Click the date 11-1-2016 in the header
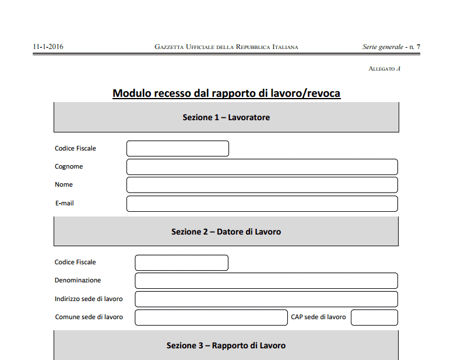(x=48, y=47)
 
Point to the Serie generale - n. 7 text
(x=391, y=47)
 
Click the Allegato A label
(x=384, y=69)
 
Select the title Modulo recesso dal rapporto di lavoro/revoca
(x=226, y=93)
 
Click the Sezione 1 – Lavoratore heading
(x=226, y=117)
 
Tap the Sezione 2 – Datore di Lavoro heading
(x=226, y=232)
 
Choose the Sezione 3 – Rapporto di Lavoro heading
(x=226, y=345)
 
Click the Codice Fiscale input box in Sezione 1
(x=178, y=149)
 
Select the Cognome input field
(x=262, y=167)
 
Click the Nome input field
(x=262, y=185)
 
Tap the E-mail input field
(x=262, y=204)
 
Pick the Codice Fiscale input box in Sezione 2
(x=181, y=263)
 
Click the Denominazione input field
(x=266, y=281)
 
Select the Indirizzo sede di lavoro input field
(x=266, y=299)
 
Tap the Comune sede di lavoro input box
(x=211, y=317)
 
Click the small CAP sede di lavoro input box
(x=374, y=317)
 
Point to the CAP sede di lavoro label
(x=318, y=317)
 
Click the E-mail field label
(x=64, y=204)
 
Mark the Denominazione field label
(x=78, y=281)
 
